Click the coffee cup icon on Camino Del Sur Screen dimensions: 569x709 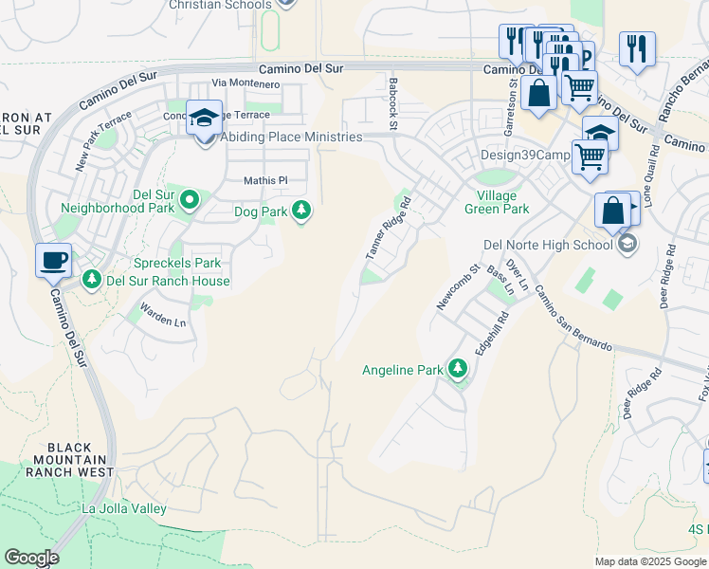click(x=53, y=259)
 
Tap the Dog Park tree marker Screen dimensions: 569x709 click(x=301, y=211)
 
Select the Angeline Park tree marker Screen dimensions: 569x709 click(x=459, y=369)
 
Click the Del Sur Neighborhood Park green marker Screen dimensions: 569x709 click(x=190, y=199)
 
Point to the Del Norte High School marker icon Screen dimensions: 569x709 click(x=627, y=245)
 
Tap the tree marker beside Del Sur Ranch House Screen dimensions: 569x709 click(x=92, y=280)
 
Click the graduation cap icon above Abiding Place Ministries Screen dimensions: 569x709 click(x=204, y=119)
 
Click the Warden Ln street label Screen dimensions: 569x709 click(x=162, y=315)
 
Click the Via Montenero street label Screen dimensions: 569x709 click(x=246, y=84)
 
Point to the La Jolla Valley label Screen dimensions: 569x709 click(x=124, y=509)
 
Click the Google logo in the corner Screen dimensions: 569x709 click(x=31, y=558)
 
